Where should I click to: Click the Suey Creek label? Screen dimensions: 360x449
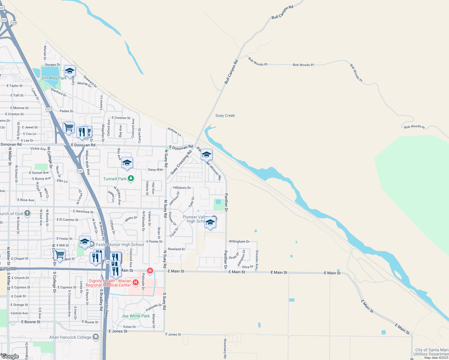coord(225,115)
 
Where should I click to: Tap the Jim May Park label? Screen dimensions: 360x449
coord(54,78)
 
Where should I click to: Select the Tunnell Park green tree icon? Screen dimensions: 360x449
coord(131,179)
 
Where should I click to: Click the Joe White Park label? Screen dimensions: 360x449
coord(135,316)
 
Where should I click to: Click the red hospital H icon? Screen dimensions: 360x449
coord(136,282)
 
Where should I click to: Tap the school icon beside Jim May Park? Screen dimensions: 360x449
coord(70,71)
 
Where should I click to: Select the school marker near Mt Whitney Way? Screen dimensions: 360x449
coord(206,155)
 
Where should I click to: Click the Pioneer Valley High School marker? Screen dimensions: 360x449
coord(210,223)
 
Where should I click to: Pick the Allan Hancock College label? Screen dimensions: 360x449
coord(70,337)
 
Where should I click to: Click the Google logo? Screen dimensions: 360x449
coord(10,356)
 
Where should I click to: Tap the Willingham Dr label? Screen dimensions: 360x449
coord(239,241)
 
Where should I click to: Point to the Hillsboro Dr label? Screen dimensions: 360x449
coord(182,188)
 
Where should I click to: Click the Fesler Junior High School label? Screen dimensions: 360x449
coord(120,244)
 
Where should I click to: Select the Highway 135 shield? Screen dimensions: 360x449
coord(13,23)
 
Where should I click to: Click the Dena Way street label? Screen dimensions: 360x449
coord(155,170)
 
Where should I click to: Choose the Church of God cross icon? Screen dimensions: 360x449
coord(27,213)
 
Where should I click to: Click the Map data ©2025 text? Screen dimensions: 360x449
coord(436,358)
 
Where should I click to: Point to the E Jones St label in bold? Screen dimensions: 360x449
coord(118,331)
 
